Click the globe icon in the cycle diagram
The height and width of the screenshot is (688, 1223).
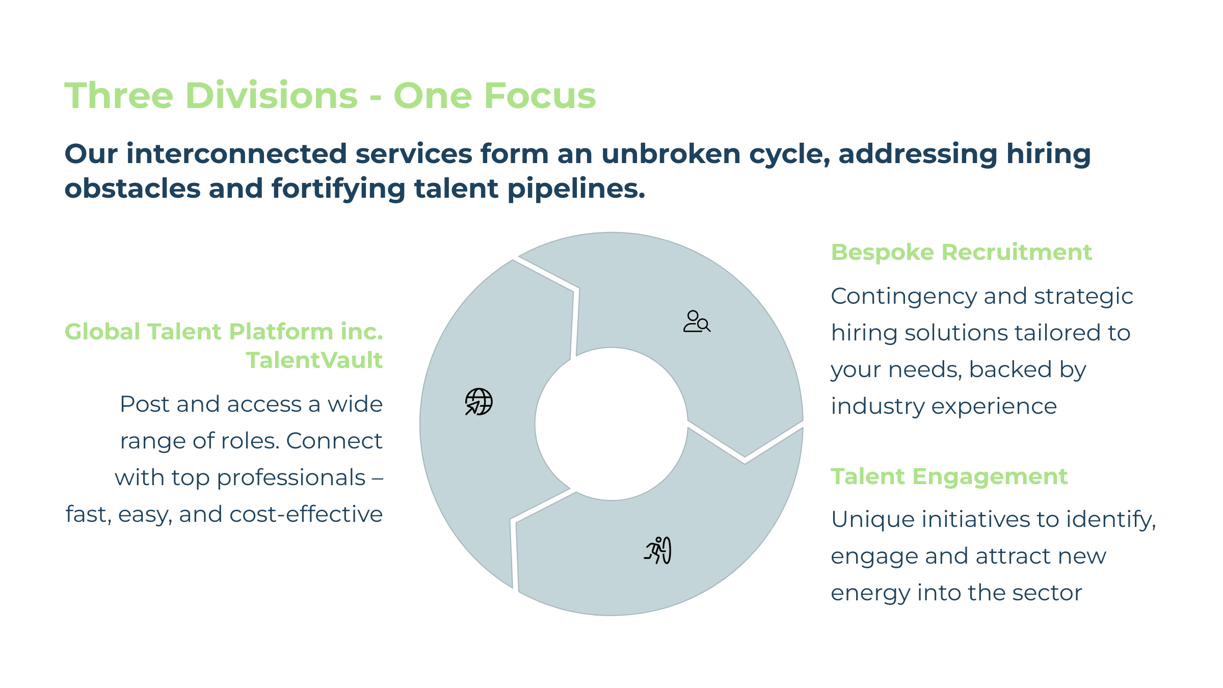[478, 402]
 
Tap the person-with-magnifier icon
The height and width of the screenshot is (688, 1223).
[697, 322]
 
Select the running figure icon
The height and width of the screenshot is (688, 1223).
[658, 550]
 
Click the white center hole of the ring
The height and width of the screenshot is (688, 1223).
[612, 424]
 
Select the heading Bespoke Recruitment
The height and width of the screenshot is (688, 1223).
[961, 252]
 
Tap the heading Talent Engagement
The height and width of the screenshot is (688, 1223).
[949, 477]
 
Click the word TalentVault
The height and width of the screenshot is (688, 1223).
[314, 360]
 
